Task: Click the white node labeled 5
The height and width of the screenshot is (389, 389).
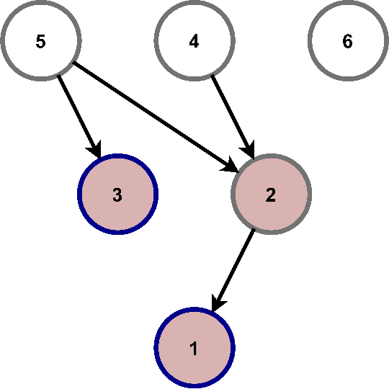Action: click(40, 41)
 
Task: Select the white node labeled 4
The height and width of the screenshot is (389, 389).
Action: click(194, 41)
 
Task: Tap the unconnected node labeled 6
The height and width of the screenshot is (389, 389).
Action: click(347, 41)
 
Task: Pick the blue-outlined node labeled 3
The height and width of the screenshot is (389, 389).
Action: click(117, 194)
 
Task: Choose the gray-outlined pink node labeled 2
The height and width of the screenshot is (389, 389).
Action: click(271, 194)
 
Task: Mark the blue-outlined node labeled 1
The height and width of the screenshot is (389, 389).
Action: click(194, 348)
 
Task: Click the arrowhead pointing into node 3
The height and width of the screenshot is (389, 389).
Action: click(96, 150)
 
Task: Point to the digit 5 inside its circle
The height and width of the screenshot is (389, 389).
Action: click(40, 41)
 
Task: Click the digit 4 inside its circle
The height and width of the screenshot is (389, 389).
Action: click(194, 41)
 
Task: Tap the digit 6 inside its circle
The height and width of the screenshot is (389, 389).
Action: click(347, 41)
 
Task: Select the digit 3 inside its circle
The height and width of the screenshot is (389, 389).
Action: click(117, 194)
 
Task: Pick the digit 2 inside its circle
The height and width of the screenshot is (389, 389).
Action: click(271, 194)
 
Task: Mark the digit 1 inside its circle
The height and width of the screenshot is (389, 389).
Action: click(194, 348)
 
